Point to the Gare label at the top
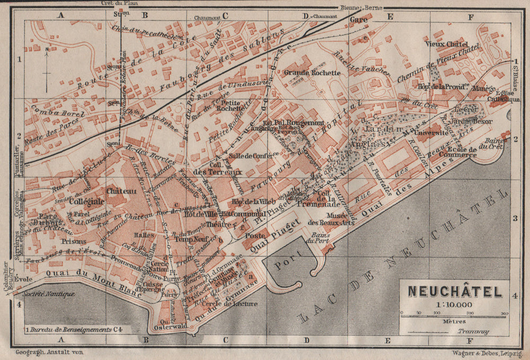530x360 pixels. coord(359,19)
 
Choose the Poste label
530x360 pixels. coord(255,235)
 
